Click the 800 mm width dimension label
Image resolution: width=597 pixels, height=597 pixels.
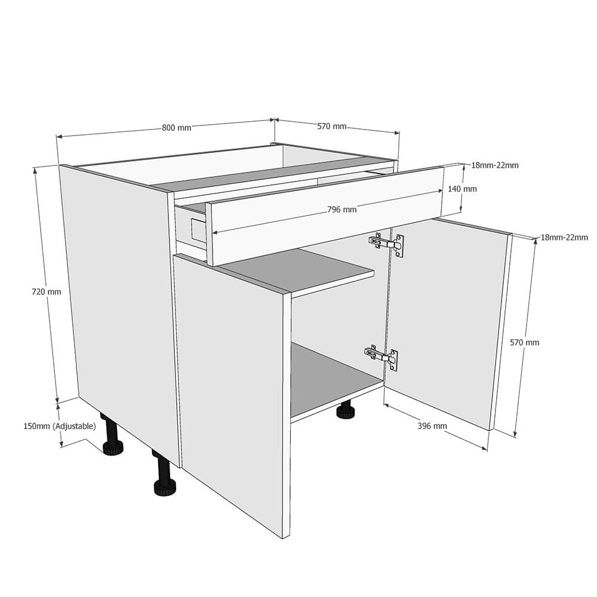pos(176,127)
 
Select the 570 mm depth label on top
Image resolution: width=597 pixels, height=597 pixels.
pos(331,127)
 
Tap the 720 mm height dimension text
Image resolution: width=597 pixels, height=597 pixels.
pos(47,292)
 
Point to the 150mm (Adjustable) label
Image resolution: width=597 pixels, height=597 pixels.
pos(59,426)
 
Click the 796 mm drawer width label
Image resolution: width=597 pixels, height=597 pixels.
pos(341,210)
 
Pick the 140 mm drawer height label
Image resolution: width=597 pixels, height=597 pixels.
pos(462,189)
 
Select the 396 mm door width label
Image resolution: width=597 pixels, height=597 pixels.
pos(432,426)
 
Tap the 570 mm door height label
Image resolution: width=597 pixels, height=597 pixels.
pos(524,342)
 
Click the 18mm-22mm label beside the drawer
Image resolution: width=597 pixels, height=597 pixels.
pos(494,165)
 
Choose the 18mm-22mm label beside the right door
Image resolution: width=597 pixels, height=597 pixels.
pos(564,237)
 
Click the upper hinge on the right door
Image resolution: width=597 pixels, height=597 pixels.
pos(386,244)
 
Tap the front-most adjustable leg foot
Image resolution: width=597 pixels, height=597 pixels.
pos(165,487)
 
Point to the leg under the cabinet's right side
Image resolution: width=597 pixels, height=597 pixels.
pos(344,412)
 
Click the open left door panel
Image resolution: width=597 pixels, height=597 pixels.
pos(233,388)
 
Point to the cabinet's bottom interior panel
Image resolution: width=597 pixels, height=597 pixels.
pos(334,382)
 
